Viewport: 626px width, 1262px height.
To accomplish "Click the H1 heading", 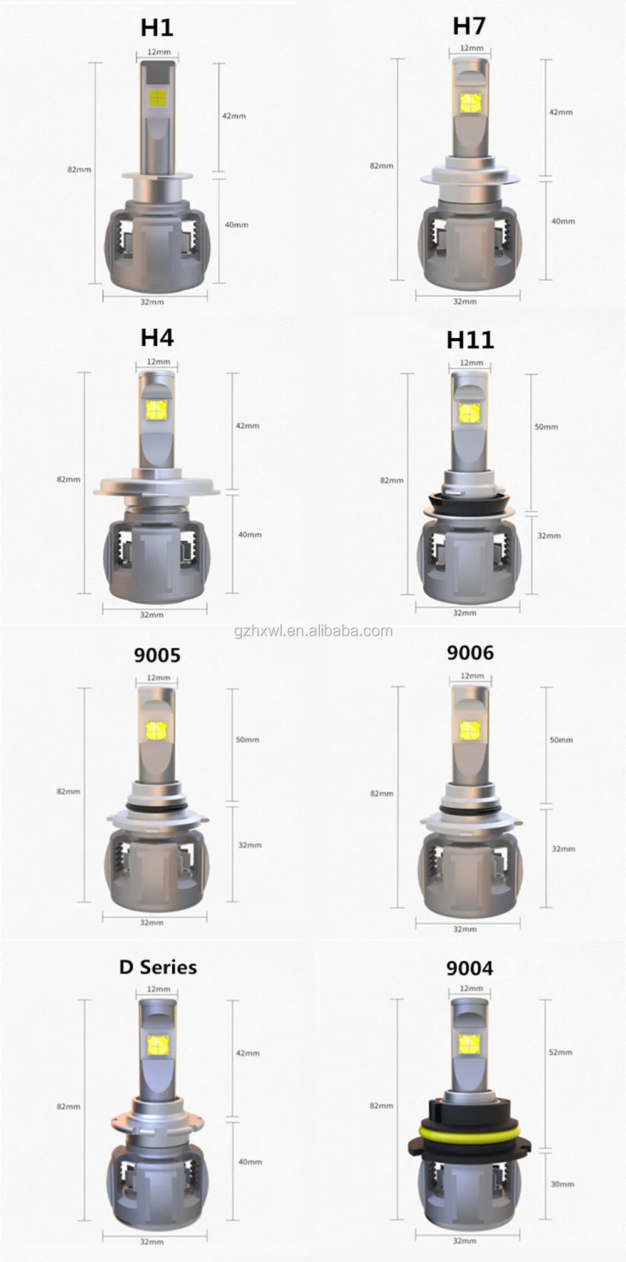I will (x=156, y=28).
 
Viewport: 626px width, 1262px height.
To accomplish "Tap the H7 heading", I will (x=469, y=26).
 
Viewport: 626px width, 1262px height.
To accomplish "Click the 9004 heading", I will (x=469, y=968).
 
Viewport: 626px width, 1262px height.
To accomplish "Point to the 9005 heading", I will (x=157, y=655).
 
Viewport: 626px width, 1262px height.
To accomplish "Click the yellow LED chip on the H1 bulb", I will (x=157, y=98).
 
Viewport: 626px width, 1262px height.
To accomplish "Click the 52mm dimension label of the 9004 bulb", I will (x=560, y=1052).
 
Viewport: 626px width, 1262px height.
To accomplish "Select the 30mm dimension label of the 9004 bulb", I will (x=562, y=1184).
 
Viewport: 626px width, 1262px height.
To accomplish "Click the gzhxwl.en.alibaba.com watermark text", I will (x=314, y=631).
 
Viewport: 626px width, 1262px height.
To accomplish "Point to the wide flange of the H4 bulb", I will (x=156, y=487).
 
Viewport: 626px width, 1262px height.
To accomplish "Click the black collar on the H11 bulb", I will (x=469, y=501).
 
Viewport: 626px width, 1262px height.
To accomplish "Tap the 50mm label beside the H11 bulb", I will (x=546, y=427).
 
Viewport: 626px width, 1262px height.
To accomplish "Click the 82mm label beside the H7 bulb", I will (x=381, y=166).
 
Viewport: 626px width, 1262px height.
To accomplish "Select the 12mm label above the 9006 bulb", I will (x=472, y=676).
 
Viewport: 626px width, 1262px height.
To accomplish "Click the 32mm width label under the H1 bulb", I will (x=152, y=302).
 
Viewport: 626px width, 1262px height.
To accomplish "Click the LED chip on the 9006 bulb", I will (x=469, y=730).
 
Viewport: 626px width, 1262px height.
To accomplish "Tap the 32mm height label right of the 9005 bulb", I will (x=249, y=845).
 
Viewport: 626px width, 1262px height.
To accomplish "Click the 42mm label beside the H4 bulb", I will (x=247, y=426).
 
